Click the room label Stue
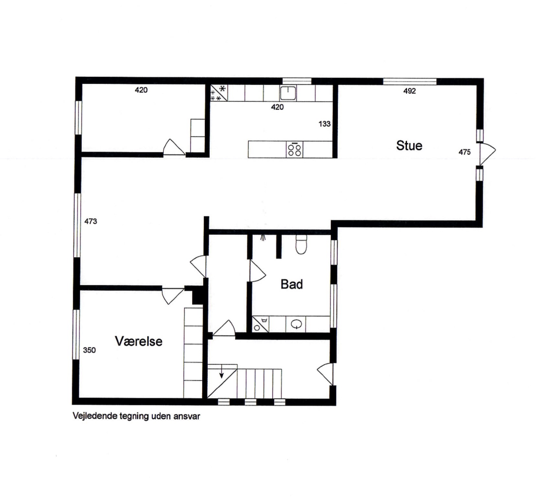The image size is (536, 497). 409,146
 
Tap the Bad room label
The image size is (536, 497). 292,284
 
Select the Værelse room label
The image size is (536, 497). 139,341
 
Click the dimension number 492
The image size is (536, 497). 410,92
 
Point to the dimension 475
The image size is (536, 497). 465,152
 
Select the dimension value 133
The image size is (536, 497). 325,123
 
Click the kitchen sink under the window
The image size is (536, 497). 288,93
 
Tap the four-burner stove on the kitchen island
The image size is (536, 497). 295,149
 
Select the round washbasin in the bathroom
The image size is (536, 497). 297,324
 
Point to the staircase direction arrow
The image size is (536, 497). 221,375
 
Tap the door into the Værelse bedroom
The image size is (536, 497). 172,295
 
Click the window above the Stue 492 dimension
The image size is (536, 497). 410,81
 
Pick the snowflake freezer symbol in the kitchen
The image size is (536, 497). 222,89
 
